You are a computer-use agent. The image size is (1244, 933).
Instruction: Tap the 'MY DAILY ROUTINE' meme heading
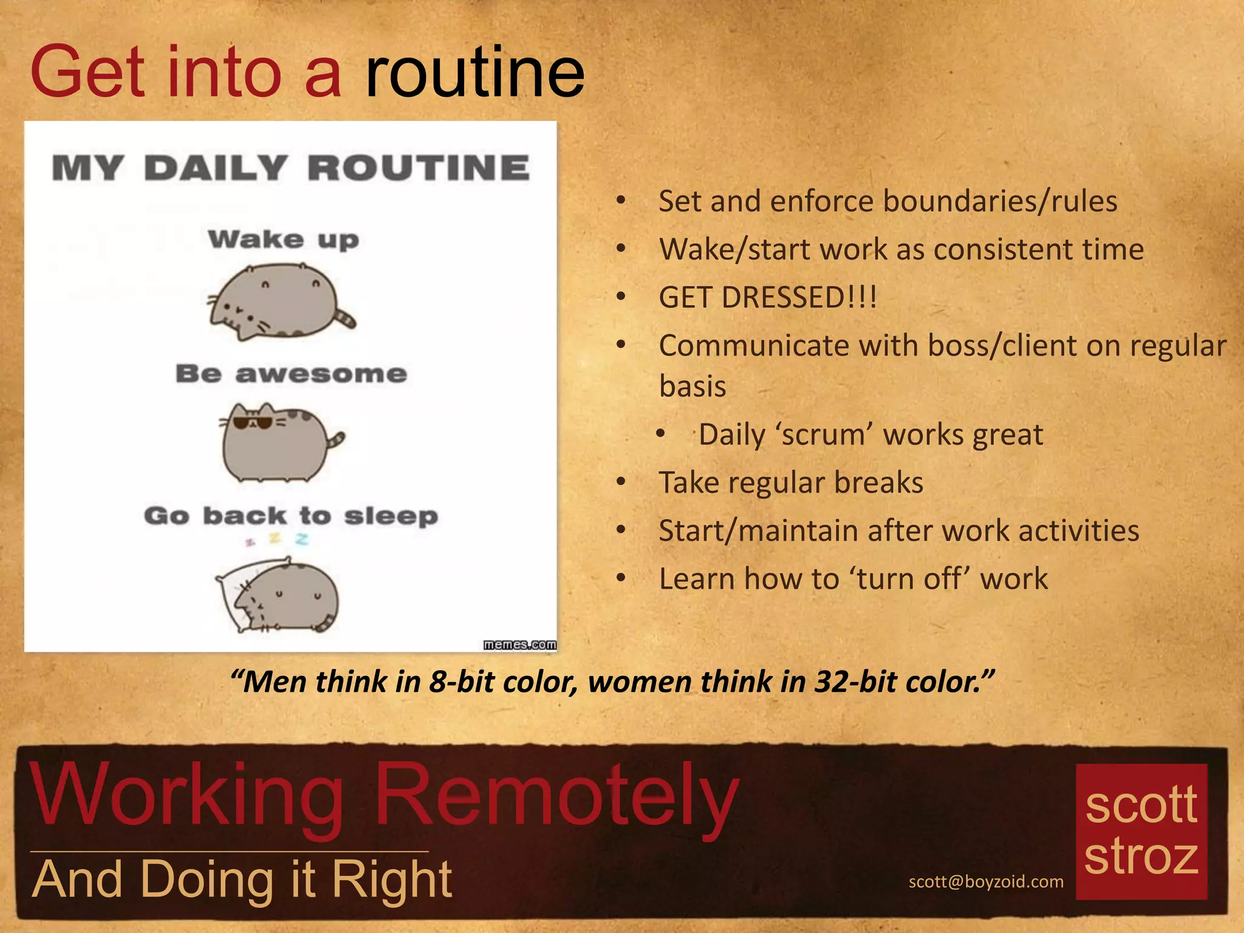(290, 168)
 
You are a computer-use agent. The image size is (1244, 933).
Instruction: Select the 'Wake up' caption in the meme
(283, 239)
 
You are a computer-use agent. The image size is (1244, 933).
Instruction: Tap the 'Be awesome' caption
(291, 374)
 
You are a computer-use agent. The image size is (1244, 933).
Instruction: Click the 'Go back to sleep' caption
(291, 516)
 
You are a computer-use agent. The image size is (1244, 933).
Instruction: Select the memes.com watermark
(519, 644)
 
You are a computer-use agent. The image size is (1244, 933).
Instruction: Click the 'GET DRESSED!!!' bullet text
(768, 298)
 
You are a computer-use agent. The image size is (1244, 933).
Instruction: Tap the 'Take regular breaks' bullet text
(791, 483)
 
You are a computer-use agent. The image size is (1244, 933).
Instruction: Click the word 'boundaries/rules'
(1000, 201)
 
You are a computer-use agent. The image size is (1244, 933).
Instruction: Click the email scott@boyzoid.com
(986, 881)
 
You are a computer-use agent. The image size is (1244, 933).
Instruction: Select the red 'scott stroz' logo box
(1141, 831)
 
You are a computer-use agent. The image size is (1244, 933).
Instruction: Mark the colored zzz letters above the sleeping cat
(277, 539)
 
